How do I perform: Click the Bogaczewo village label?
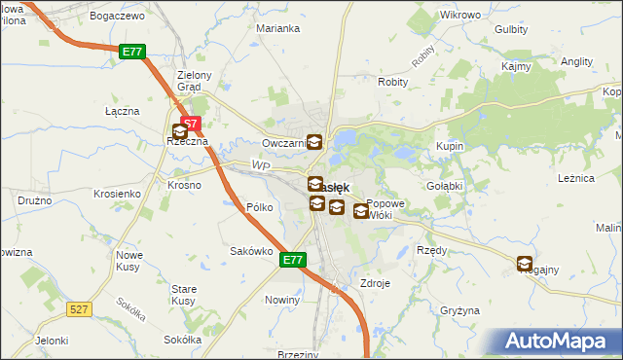click(x=116, y=17)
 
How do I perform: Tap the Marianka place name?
click(x=277, y=28)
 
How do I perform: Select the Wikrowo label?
click(x=460, y=16)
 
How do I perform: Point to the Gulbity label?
click(x=511, y=29)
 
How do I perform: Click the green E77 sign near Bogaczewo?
click(x=134, y=52)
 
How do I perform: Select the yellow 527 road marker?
click(x=80, y=308)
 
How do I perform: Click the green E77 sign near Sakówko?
click(x=294, y=260)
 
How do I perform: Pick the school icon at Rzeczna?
click(x=180, y=131)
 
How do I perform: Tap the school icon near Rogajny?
click(x=525, y=264)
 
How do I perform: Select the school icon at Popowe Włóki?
click(x=361, y=209)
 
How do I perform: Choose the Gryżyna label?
click(x=460, y=310)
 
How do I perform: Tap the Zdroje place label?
click(x=375, y=283)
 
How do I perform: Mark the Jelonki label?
click(x=52, y=341)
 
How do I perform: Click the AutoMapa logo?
click(x=556, y=342)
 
